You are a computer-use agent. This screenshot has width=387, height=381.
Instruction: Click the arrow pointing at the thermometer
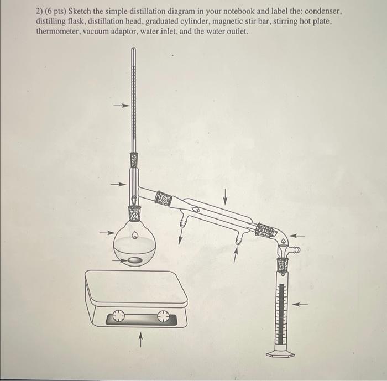coord(121,106)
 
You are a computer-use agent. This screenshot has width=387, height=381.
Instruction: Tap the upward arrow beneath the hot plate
coord(141,336)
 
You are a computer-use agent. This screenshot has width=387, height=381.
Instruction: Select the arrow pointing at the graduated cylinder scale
coord(300,304)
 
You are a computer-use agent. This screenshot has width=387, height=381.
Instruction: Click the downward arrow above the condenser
coord(225,196)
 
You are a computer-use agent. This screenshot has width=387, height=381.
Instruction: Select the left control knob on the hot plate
coord(118,317)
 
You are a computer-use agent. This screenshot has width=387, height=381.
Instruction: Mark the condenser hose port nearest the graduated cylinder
coord(239,241)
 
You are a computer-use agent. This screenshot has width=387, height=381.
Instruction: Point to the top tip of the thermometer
coord(133,50)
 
